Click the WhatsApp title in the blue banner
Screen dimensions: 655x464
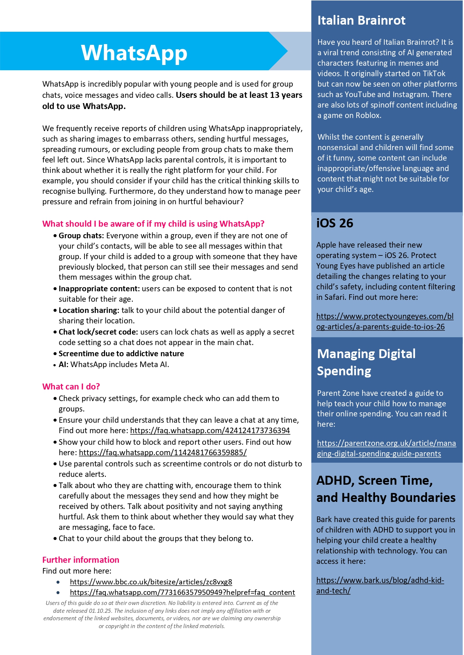click(134, 53)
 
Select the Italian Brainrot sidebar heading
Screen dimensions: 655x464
click(361, 20)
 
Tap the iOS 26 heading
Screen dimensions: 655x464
click(335, 223)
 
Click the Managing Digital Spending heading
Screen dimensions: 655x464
click(366, 362)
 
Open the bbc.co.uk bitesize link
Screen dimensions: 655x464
click(151, 582)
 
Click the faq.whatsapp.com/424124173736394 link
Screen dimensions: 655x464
click(210, 431)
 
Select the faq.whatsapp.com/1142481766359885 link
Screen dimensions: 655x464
click(163, 453)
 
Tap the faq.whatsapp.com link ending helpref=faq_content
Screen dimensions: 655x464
click(182, 592)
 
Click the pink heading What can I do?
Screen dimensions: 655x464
click(71, 387)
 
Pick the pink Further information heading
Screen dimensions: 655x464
click(81, 560)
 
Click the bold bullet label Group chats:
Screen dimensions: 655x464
click(81, 236)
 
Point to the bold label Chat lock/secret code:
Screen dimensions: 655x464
click(98, 332)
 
